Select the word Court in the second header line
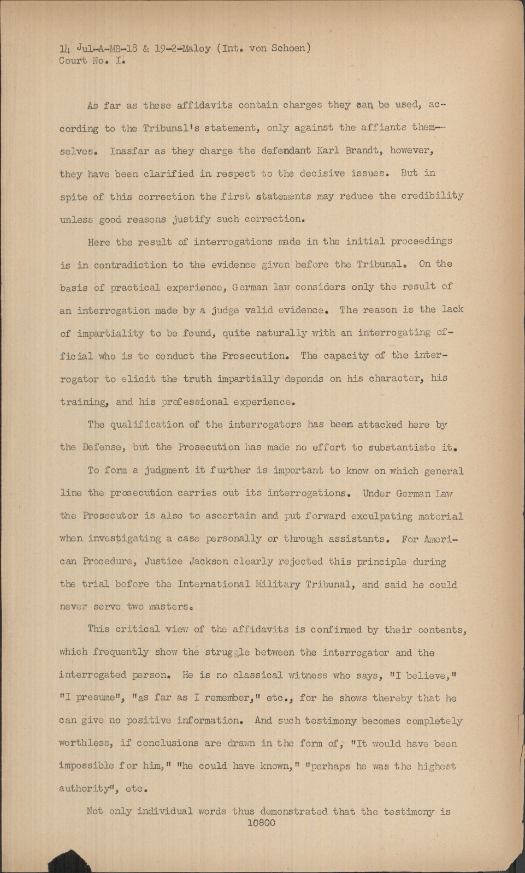tap(73, 61)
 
